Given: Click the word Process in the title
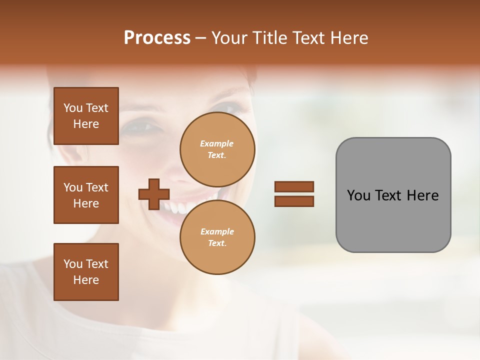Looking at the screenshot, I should [157, 38].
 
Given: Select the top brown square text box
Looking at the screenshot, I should [86, 116].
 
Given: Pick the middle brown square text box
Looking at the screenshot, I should [86, 195].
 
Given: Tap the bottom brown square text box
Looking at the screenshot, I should [86, 272].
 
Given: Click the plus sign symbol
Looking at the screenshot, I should [154, 194].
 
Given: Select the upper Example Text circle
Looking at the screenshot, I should [217, 149].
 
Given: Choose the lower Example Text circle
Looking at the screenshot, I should [217, 237].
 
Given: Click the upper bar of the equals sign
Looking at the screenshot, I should [294, 186].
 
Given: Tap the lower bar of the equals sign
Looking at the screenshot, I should [294, 201].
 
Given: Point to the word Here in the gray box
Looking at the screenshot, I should [422, 195].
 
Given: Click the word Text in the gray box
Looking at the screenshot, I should [389, 195].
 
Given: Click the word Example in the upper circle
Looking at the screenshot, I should [217, 143].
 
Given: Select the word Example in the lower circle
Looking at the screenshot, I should [217, 231].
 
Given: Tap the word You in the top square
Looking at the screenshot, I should [73, 108].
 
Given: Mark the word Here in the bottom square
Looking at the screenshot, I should [86, 280].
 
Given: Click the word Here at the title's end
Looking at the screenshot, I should [348, 38].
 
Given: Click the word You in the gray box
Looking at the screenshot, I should [358, 195].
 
